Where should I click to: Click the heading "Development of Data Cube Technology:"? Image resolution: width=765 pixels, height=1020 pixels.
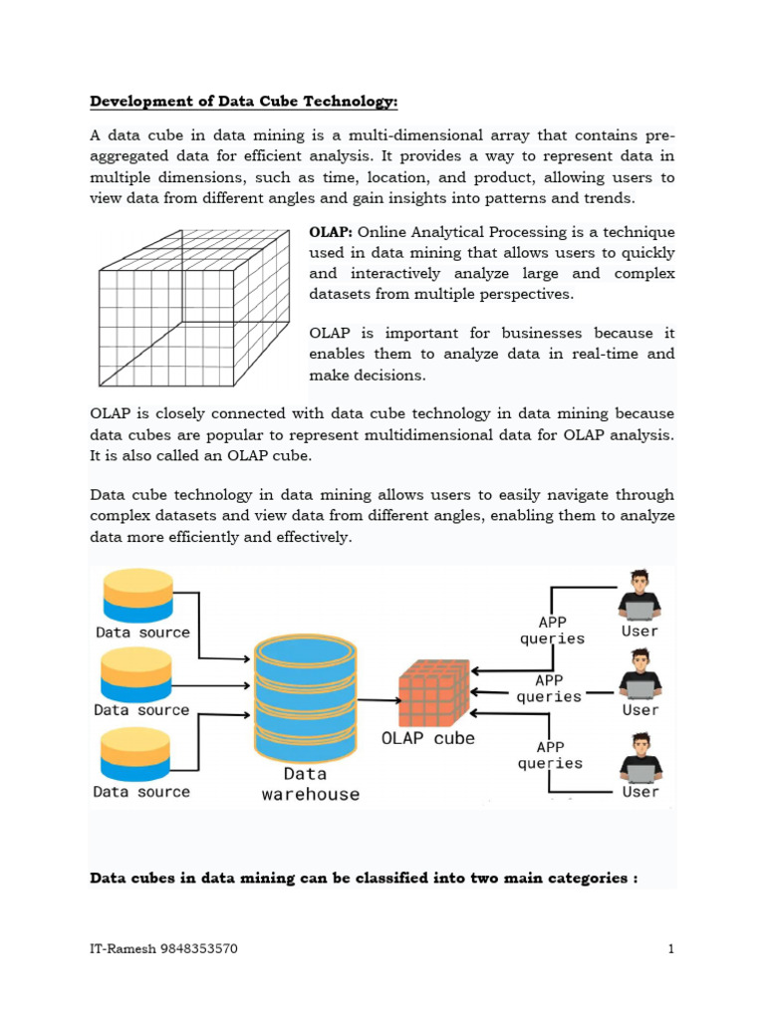click(x=244, y=102)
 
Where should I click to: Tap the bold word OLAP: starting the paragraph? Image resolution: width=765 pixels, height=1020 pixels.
click(x=331, y=232)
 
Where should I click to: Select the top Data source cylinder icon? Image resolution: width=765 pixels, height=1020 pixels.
click(x=137, y=596)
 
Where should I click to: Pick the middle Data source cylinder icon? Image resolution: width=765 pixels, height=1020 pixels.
click(x=137, y=674)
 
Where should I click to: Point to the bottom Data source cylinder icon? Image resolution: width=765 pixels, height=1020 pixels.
click(x=137, y=755)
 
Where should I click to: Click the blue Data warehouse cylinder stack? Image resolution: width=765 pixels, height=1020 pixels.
click(x=305, y=697)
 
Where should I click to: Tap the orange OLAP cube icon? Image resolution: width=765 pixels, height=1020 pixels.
click(x=433, y=694)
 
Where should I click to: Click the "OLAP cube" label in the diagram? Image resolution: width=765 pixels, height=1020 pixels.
click(x=429, y=739)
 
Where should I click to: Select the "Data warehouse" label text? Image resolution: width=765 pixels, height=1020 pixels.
click(x=310, y=784)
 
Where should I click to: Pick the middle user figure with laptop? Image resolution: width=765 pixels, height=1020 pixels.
click(x=639, y=675)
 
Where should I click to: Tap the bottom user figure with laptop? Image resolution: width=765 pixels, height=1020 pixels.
click(x=639, y=758)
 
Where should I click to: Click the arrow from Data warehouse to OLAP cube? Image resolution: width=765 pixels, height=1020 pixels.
click(x=378, y=699)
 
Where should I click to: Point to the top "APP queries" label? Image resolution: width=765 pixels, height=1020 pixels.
click(x=552, y=630)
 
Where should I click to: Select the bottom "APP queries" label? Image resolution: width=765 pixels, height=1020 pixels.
click(x=550, y=754)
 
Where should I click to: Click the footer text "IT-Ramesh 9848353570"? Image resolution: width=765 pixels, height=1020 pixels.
click(x=163, y=949)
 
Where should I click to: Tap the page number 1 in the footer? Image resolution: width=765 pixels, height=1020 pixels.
click(x=671, y=949)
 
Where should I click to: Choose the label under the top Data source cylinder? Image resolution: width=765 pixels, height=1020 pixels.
click(x=142, y=632)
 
